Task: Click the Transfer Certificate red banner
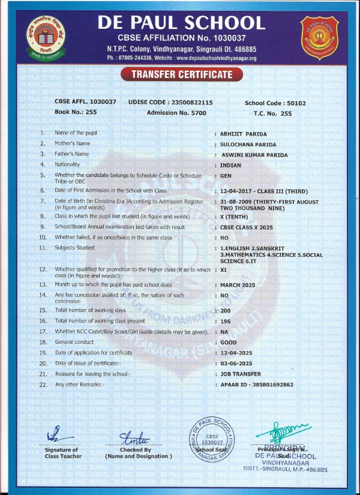pos(181,74)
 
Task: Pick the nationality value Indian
pos(231,165)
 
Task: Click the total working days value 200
pos(226,310)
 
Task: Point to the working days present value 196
pos(226,320)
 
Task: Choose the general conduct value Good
pos(229,341)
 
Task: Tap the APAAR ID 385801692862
pos(257,384)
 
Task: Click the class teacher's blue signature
pos(55,433)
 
